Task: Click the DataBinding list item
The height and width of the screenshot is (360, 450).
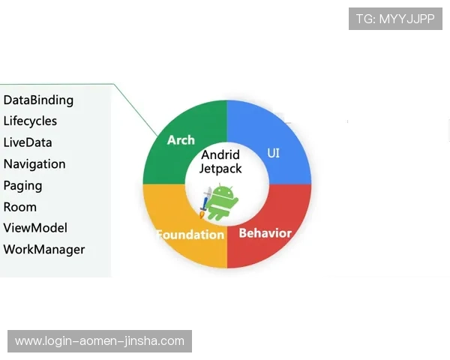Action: click(38, 100)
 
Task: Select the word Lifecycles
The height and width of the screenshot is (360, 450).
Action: click(30, 121)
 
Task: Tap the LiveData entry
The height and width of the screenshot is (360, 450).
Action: click(28, 142)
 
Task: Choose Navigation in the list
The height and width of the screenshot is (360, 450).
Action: click(34, 164)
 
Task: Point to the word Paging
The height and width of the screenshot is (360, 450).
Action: click(22, 186)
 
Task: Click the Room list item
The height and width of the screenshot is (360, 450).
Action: click(19, 207)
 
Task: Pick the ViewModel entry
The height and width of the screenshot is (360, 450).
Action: click(35, 228)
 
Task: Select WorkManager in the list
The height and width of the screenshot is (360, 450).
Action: click(44, 250)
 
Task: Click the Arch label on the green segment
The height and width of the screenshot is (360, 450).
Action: click(181, 140)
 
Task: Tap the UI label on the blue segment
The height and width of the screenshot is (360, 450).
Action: click(273, 153)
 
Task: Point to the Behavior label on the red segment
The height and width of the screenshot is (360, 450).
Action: click(265, 233)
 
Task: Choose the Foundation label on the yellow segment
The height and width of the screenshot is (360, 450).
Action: click(190, 235)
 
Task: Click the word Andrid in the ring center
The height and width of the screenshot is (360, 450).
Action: click(220, 155)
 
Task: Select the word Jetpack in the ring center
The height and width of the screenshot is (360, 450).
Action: click(220, 169)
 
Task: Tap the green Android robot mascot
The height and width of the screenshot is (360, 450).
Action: click(221, 202)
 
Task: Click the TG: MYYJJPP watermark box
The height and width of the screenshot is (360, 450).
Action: click(395, 19)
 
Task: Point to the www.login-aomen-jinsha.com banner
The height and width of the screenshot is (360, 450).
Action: click(100, 341)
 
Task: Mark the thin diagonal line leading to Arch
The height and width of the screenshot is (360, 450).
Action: click(136, 109)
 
